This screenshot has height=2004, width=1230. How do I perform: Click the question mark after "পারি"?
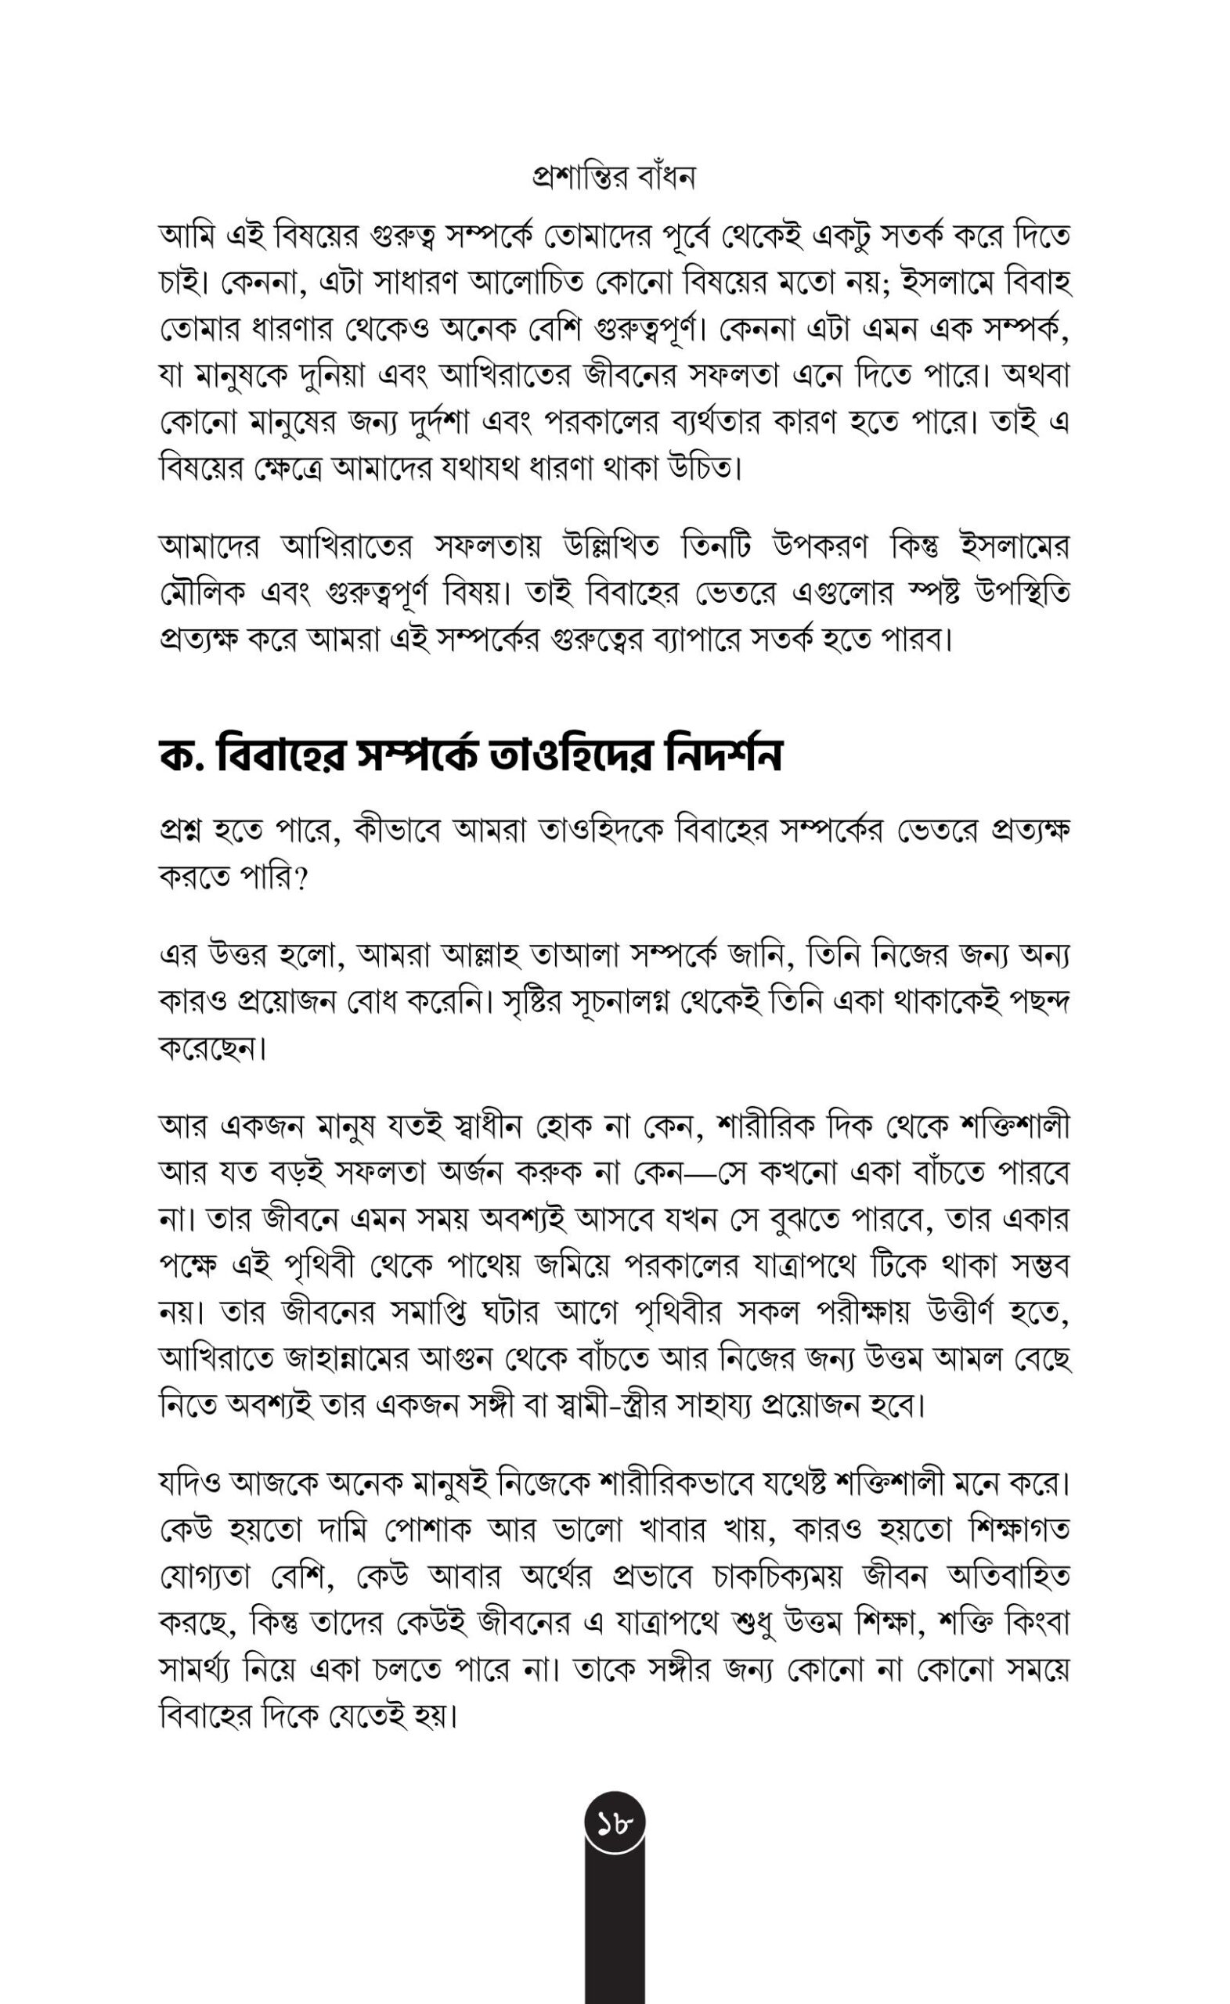(300, 879)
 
